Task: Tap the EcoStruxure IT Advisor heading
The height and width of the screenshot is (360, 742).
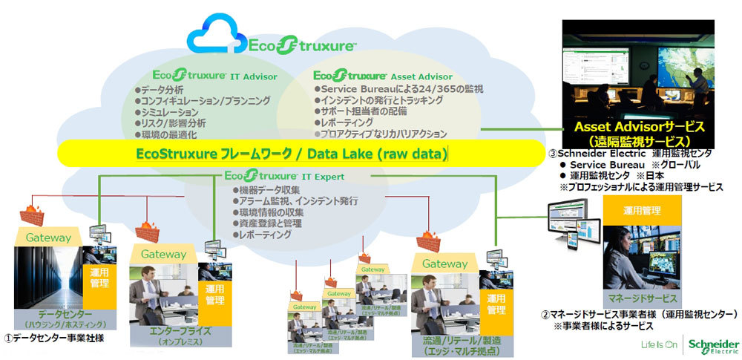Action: (214, 75)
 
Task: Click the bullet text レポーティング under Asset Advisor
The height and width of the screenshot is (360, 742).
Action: (346, 122)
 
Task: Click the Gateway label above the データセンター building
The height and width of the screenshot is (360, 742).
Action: (49, 238)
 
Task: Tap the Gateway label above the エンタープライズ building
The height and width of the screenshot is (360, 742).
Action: (164, 254)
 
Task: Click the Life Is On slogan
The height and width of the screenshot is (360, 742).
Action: (660, 345)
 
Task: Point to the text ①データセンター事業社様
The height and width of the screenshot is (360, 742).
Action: (53, 338)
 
